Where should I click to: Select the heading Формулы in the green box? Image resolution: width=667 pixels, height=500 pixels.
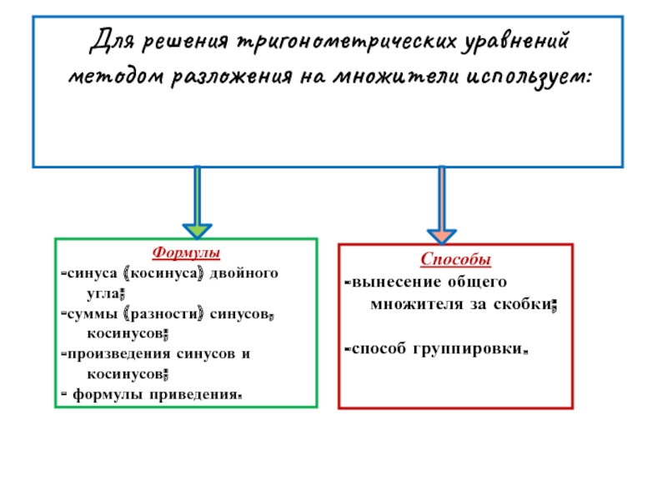pos(186,252)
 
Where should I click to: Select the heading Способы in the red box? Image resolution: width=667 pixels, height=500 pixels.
pos(455,260)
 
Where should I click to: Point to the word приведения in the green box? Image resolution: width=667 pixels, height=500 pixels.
pos(205,394)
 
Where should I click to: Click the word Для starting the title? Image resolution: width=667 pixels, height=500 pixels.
pos(111,40)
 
